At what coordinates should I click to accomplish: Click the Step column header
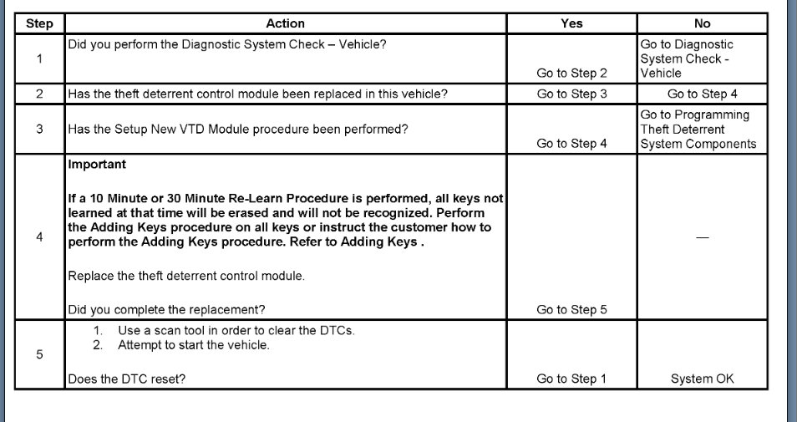pos(39,23)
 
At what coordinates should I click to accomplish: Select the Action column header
pos(285,23)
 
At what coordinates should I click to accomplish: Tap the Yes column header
pos(571,23)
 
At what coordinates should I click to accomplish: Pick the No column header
pos(702,23)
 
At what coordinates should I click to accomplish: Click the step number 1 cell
pos(39,59)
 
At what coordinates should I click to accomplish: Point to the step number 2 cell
pos(39,94)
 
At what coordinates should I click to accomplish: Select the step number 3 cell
pos(39,130)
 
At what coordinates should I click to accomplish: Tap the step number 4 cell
pos(39,237)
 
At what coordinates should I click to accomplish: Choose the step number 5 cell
pos(39,354)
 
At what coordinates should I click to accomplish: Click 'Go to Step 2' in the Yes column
pos(571,74)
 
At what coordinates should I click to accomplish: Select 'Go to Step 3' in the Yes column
pos(571,94)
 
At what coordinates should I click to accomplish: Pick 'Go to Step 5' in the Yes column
pos(571,310)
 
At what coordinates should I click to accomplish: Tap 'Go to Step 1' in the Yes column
pos(571,379)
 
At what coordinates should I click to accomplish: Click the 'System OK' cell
pos(702,379)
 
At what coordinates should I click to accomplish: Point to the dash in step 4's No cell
pos(702,238)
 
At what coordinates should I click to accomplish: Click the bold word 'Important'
pos(97,165)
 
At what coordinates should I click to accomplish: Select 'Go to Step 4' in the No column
pos(702,94)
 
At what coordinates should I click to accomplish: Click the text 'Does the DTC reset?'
pos(126,379)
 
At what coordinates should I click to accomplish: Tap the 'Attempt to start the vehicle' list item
pos(193,345)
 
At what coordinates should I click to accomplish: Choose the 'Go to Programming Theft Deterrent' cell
pos(698,129)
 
